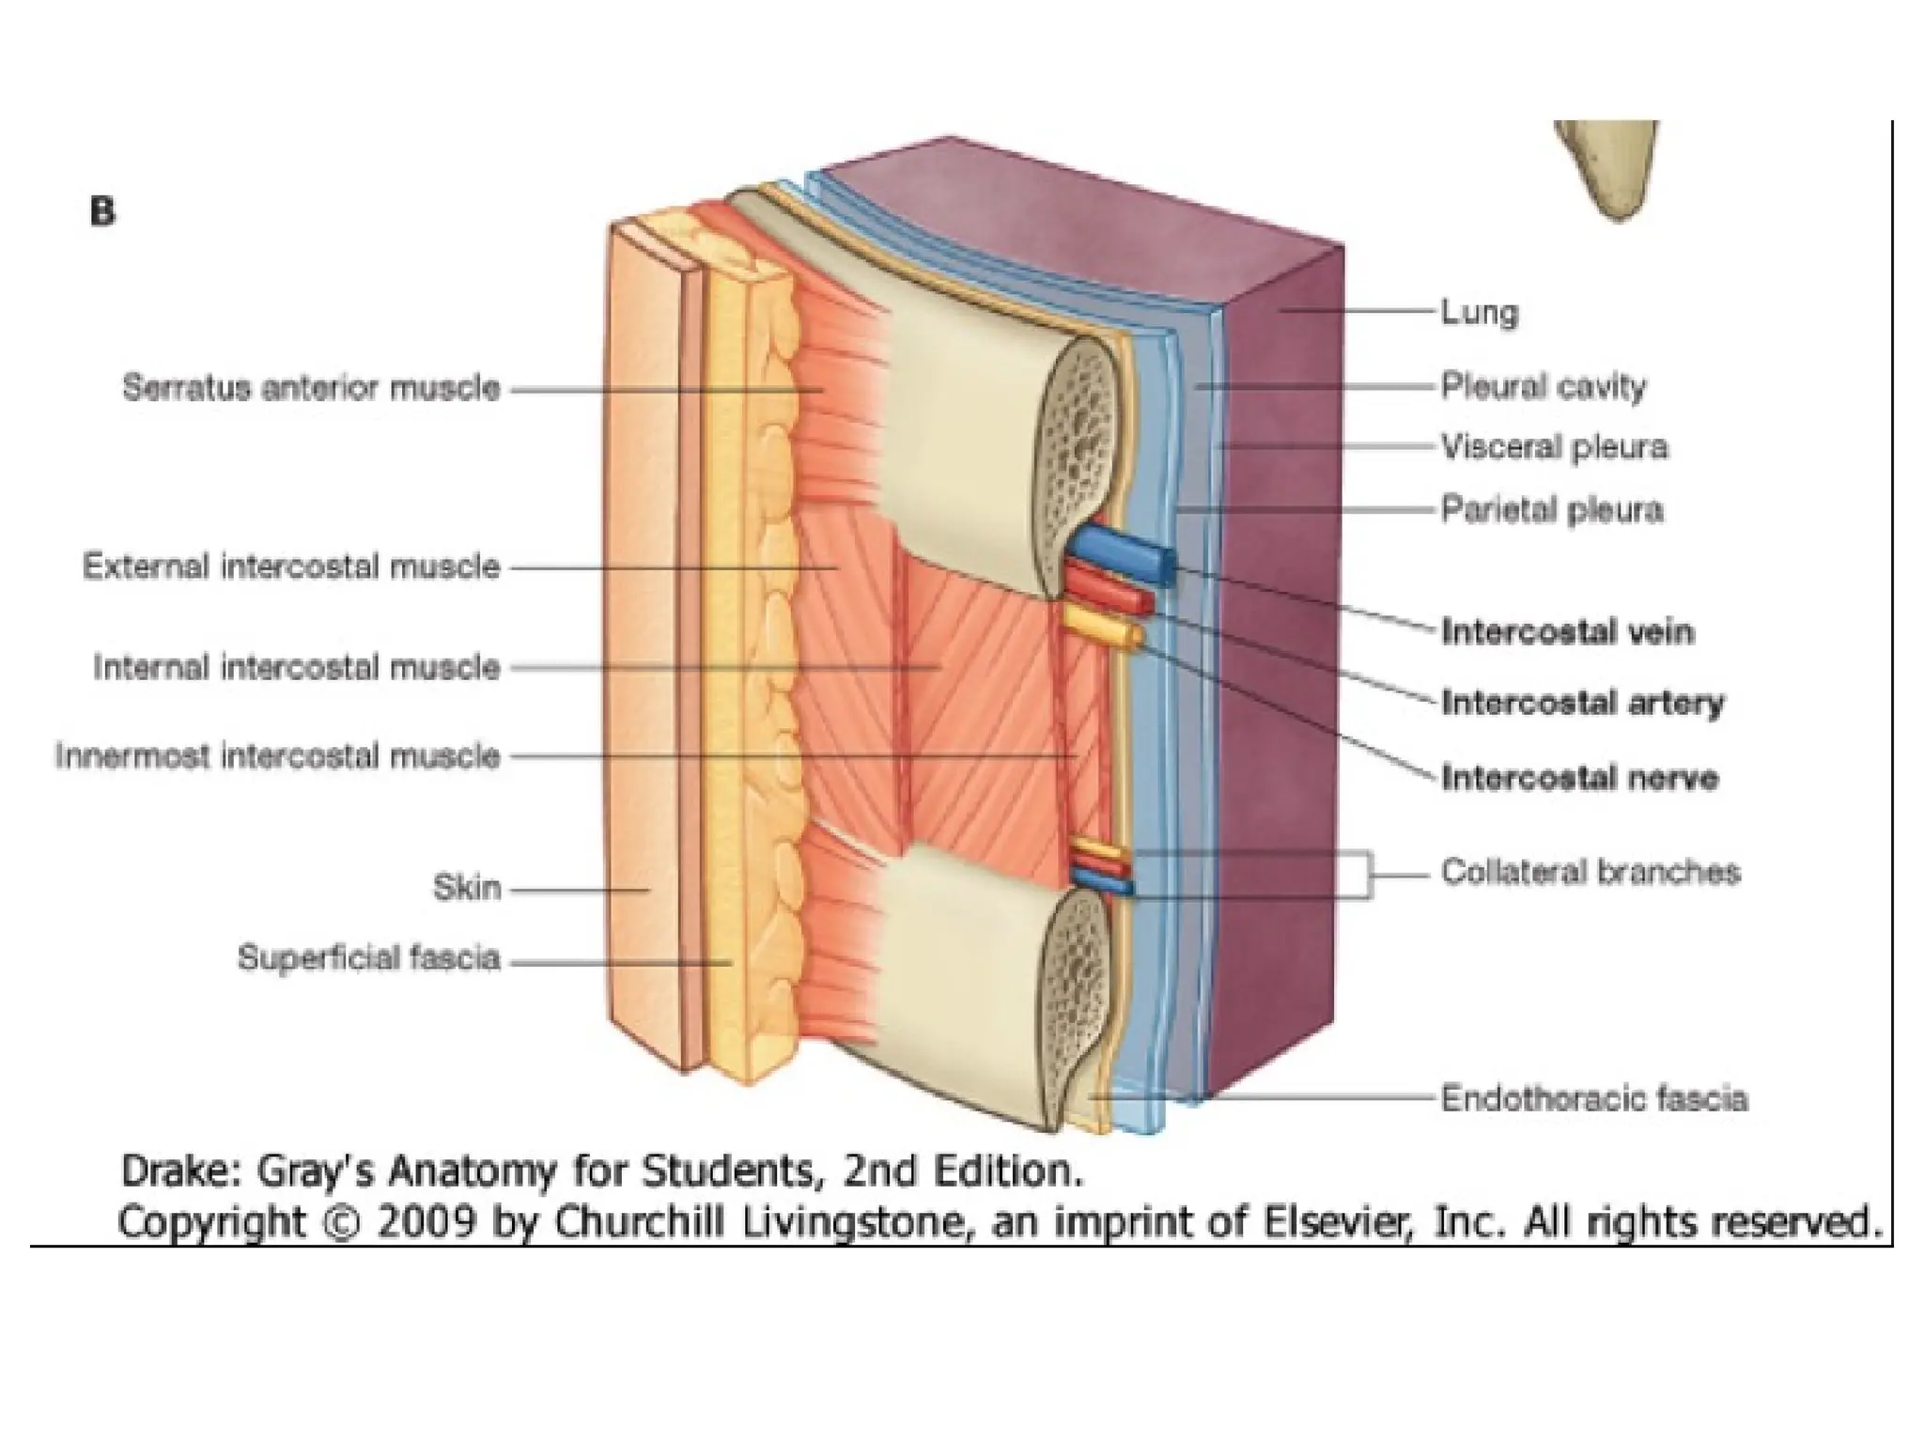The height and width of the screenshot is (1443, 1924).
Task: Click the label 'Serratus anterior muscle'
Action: (311, 388)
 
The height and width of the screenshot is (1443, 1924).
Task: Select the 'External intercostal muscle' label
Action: (291, 566)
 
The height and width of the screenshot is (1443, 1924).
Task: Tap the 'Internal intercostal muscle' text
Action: (296, 668)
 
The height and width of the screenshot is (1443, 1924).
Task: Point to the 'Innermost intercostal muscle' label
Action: (278, 756)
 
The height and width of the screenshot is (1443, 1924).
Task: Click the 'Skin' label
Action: (467, 888)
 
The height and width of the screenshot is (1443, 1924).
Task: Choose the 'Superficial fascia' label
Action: (368, 958)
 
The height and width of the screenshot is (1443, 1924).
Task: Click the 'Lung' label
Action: (1480, 312)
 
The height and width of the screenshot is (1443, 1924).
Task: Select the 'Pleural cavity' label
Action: (1544, 387)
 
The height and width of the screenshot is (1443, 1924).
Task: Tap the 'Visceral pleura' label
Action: (1555, 447)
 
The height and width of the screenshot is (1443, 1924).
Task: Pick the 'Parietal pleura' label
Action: (1552, 510)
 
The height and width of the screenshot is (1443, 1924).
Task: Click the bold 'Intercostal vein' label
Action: (1568, 631)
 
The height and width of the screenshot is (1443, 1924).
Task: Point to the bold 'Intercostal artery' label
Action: (1583, 703)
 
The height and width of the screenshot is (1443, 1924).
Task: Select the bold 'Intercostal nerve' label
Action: (1580, 778)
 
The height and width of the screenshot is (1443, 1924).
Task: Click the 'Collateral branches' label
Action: (1590, 872)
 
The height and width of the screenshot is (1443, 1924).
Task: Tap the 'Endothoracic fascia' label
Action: (1594, 1098)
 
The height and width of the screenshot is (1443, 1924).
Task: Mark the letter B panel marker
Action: (102, 211)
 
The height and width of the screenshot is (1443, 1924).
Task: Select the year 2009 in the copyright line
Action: (426, 1221)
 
